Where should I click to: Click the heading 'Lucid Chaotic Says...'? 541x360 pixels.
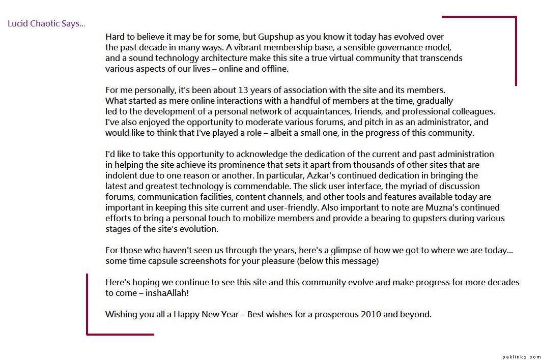(x=46, y=23)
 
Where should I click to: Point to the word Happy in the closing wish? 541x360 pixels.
(x=186, y=314)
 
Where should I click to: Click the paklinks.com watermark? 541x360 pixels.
(x=520, y=357)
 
